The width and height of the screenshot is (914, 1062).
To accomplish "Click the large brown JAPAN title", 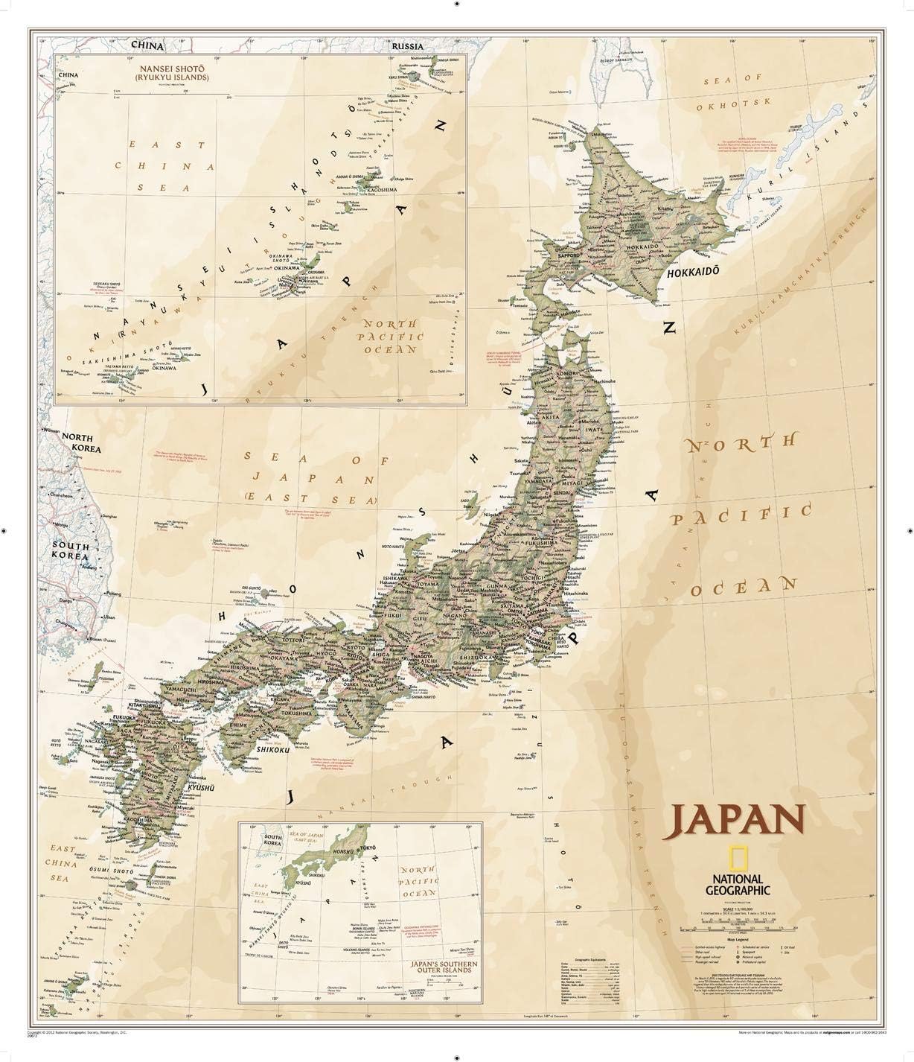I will point(738,820).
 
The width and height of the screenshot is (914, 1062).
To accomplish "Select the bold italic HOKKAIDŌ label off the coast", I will point(692,273).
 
